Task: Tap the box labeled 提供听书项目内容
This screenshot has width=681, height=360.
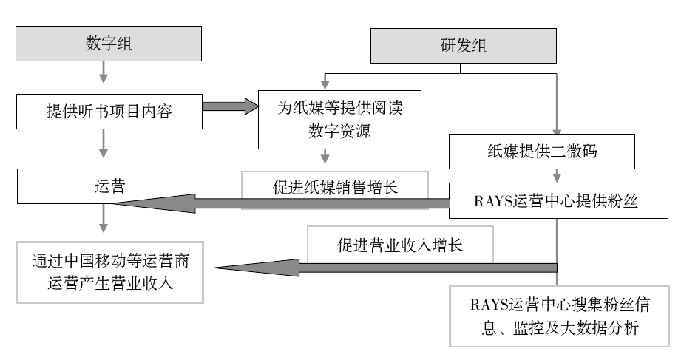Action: coord(109,111)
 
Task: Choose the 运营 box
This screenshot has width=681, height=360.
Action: coord(109,186)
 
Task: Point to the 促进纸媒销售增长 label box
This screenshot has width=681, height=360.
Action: coord(336,186)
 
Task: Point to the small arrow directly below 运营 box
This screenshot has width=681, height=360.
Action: coord(104,217)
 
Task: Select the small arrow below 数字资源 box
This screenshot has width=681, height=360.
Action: coord(324,157)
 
